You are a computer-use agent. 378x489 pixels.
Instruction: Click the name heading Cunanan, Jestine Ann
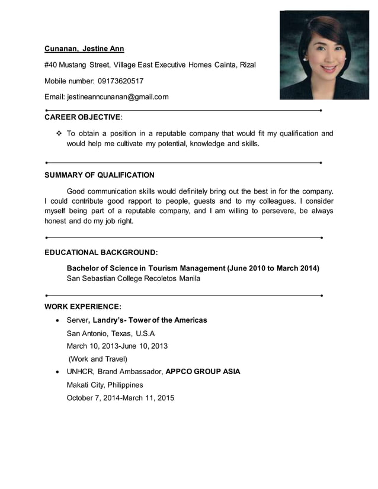tap(84, 49)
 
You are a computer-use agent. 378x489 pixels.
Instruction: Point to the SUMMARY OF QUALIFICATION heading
tap(100, 175)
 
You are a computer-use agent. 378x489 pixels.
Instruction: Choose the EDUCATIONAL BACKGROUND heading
tap(101, 252)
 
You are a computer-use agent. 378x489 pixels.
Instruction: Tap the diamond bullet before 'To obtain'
tap(59, 134)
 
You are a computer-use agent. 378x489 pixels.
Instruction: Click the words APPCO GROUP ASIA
tap(203, 372)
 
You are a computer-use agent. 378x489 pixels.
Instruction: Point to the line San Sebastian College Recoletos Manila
tap(133, 278)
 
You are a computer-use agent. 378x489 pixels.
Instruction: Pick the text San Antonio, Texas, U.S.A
tap(110, 333)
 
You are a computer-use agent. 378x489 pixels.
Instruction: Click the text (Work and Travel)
tap(98, 359)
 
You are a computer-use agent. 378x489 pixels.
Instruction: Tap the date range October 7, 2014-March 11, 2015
tap(120, 398)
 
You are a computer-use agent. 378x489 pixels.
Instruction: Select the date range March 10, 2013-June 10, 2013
tap(117, 346)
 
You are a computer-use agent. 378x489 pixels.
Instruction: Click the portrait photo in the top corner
tap(324, 55)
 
